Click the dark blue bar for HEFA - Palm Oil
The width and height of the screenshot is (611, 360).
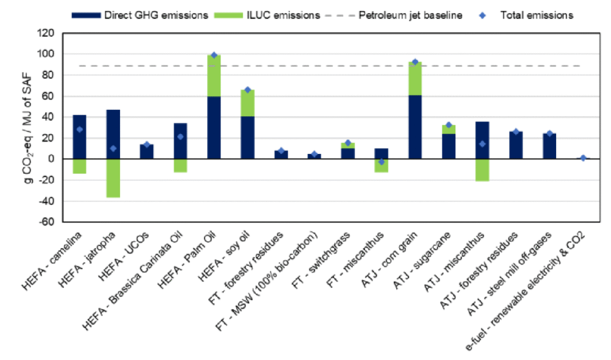tap(214, 127)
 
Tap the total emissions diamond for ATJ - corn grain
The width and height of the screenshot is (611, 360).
tap(415, 62)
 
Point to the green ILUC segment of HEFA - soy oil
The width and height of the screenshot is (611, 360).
tap(247, 103)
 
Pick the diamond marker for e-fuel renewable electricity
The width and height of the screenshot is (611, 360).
tap(583, 158)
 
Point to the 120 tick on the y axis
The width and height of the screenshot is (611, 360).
tap(47, 33)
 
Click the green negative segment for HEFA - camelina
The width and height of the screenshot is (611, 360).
tap(79, 166)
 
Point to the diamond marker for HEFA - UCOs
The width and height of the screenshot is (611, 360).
tap(147, 144)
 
